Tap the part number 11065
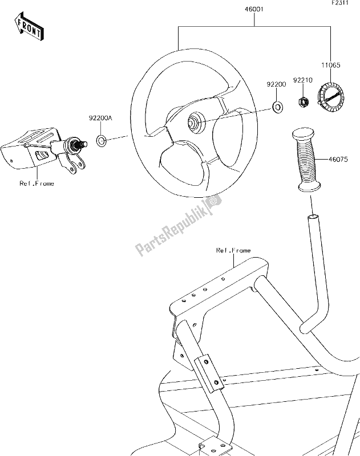tap(331, 67)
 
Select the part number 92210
tap(302, 80)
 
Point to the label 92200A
tap(100, 119)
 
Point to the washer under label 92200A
tap(100, 140)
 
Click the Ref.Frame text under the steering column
tap(37, 184)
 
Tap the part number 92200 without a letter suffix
tap(275, 84)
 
